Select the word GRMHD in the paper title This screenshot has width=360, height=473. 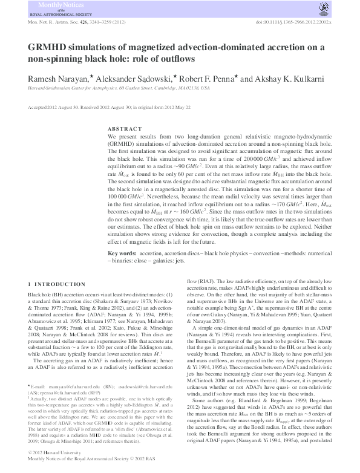[x=45, y=48]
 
